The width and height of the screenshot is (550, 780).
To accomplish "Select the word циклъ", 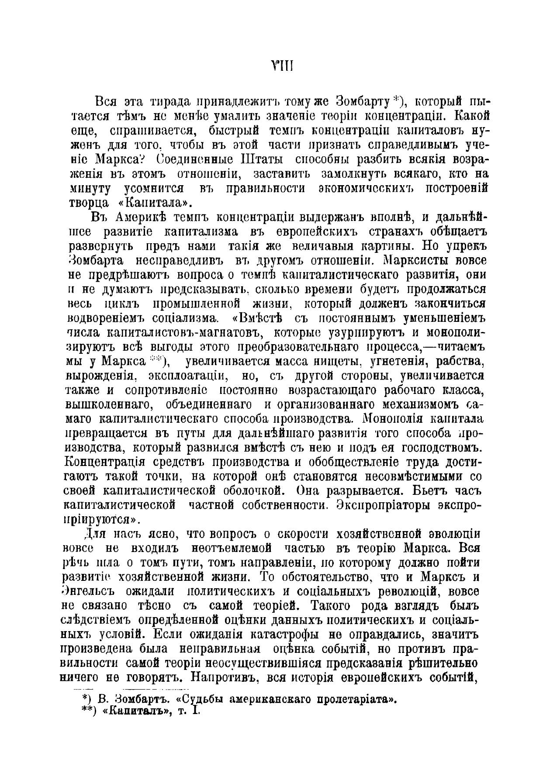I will pos(123,303).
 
